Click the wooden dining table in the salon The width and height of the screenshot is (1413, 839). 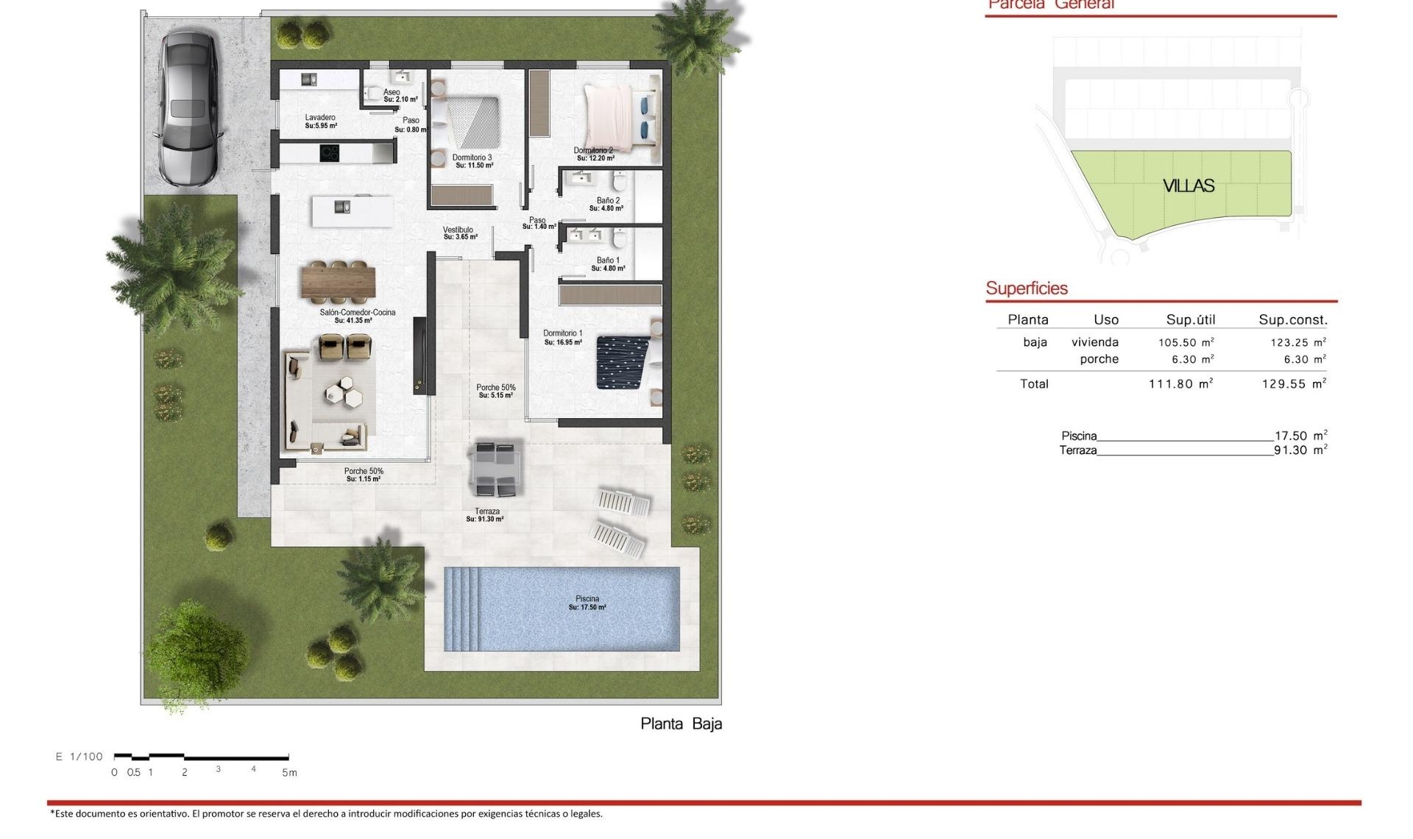[339, 283]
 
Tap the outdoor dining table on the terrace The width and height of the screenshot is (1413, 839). [497, 468]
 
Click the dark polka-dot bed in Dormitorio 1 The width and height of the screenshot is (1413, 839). [623, 362]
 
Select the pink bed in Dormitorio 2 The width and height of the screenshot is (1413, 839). [609, 116]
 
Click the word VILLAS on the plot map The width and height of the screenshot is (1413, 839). [1188, 186]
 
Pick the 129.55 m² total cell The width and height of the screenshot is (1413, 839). [1293, 384]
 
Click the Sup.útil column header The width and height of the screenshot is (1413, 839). [1190, 320]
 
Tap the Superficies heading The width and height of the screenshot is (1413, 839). [1026, 288]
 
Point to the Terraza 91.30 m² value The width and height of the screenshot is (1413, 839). [1300, 450]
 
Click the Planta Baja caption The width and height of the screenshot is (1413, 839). [681, 723]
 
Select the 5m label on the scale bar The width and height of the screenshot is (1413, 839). [289, 773]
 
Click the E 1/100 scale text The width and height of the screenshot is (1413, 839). [79, 757]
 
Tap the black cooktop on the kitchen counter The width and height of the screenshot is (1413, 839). [329, 153]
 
